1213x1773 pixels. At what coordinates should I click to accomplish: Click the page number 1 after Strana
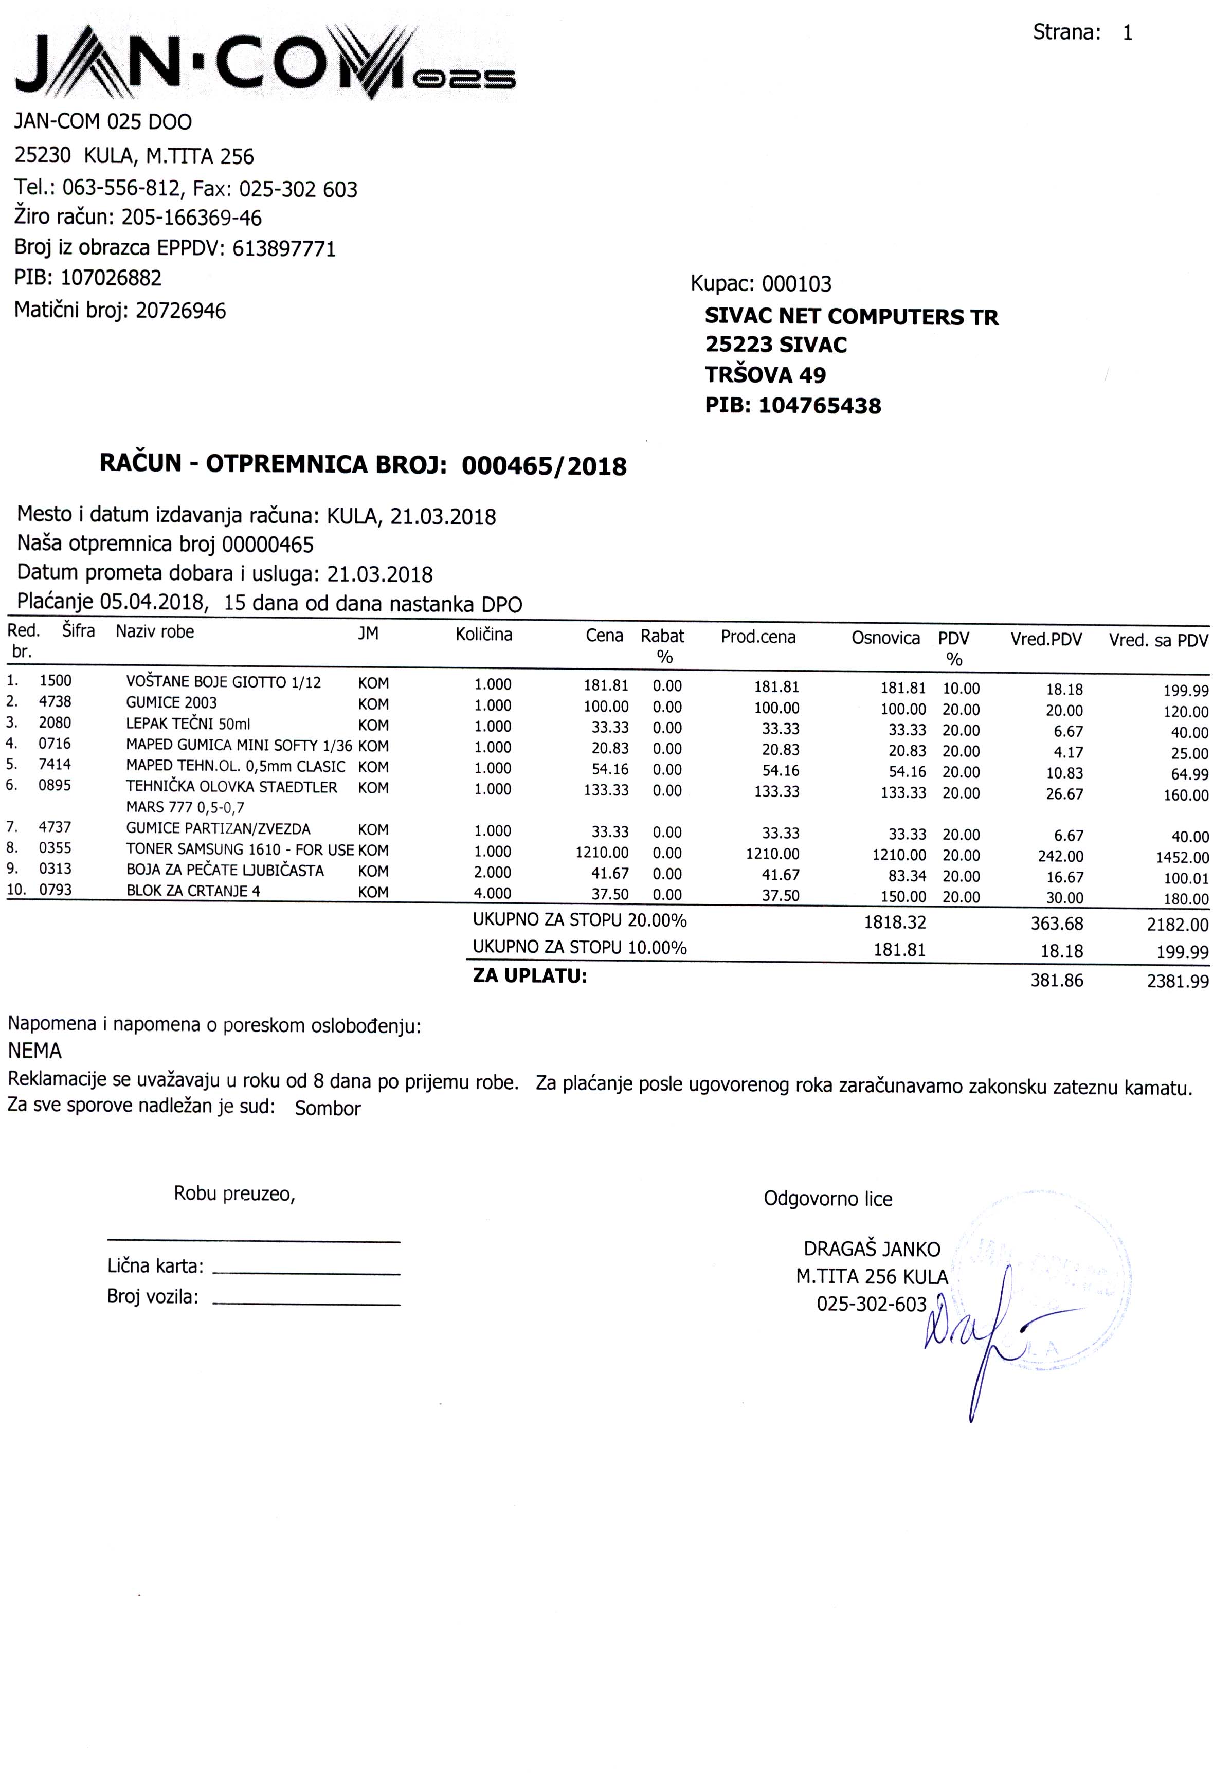click(1128, 33)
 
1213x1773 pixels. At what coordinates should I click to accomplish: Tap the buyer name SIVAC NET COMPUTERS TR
click(850, 317)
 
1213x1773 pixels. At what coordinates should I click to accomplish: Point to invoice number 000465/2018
click(544, 466)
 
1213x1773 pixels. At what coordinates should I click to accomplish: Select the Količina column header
click(484, 635)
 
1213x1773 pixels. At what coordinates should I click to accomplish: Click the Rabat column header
click(662, 636)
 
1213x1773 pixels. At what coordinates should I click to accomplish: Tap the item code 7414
click(55, 765)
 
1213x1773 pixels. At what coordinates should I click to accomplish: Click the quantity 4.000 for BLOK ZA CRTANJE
click(492, 893)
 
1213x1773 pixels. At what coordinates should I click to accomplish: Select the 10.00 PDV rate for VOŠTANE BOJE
click(961, 688)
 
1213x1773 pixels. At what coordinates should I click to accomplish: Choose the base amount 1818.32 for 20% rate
click(894, 923)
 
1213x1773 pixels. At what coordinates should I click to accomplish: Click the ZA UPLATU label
click(530, 976)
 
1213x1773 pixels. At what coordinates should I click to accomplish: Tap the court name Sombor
click(327, 1109)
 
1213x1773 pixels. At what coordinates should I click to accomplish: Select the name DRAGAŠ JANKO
click(871, 1250)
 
